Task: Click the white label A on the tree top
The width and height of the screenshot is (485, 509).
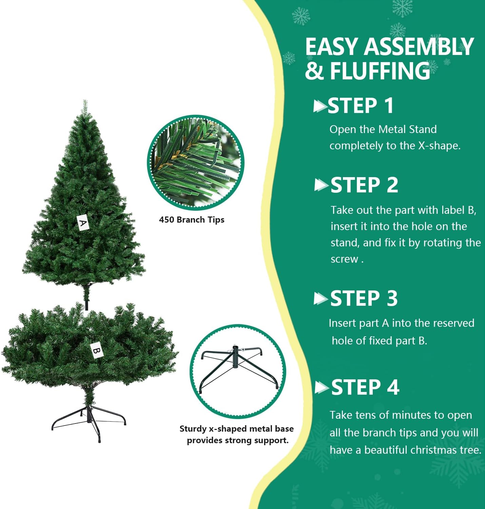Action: coord(83,222)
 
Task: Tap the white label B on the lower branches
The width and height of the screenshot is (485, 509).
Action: coord(97,351)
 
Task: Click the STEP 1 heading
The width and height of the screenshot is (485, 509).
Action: coord(361,106)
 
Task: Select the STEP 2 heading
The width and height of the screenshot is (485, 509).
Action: coord(364,185)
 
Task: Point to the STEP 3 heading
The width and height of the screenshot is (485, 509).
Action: coord(364,298)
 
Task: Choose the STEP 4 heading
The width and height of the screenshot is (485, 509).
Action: coord(365,387)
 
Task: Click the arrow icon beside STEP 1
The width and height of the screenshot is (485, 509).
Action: coord(320,106)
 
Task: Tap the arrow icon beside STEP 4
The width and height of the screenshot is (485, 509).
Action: coord(322,388)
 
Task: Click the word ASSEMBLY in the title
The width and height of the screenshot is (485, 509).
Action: coord(419,46)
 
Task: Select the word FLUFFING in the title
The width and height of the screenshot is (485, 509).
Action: coord(380,71)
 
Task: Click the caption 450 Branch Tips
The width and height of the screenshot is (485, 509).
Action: coord(192,220)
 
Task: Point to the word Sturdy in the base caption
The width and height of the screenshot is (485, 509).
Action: coord(193,429)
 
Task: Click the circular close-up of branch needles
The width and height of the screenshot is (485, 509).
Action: coord(195,163)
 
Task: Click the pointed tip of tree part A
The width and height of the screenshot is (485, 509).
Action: coord(85,100)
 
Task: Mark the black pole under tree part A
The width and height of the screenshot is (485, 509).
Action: coord(87,297)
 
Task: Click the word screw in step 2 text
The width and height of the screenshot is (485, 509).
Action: coord(344,259)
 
